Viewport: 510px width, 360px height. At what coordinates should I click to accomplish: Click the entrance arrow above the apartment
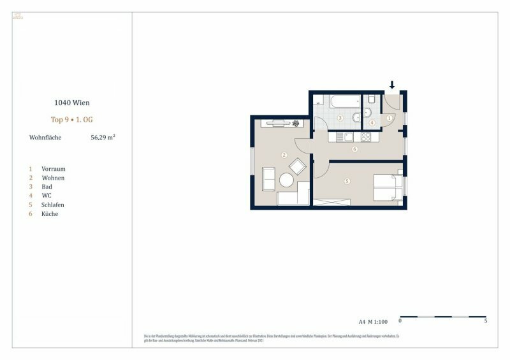tap(392, 85)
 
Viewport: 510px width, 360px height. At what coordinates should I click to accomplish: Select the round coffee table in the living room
tap(286, 181)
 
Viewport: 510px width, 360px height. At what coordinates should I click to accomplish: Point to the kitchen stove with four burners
tap(367, 136)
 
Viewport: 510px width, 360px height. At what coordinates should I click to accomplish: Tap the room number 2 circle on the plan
tap(284, 155)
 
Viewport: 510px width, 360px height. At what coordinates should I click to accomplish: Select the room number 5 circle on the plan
tap(347, 181)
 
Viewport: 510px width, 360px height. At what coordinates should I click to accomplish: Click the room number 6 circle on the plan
tap(354, 149)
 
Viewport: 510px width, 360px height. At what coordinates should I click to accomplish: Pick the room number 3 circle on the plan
tap(340, 118)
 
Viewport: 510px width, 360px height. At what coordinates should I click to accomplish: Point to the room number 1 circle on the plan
tap(390, 118)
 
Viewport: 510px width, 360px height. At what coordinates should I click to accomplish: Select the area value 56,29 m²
tap(103, 137)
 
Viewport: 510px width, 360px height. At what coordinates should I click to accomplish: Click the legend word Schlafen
tap(53, 205)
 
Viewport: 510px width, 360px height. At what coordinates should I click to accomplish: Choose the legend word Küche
tap(50, 214)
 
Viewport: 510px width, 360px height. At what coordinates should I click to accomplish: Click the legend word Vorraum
tap(54, 169)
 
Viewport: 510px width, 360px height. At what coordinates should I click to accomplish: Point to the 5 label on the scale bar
tap(486, 321)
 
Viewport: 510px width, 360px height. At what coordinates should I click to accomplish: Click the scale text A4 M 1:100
tap(372, 321)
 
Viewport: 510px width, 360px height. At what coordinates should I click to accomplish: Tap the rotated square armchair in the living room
tap(298, 167)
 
